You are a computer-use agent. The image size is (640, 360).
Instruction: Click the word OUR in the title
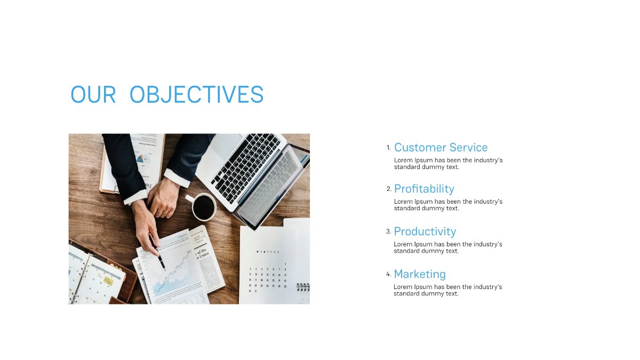tap(93, 94)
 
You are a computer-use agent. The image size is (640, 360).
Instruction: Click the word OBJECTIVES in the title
tap(196, 94)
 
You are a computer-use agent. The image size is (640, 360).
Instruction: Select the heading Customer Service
tap(441, 148)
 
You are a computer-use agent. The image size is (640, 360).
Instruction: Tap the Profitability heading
tap(424, 189)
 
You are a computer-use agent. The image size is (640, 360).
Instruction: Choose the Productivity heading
tap(425, 231)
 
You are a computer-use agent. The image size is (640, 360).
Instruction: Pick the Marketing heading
tap(420, 274)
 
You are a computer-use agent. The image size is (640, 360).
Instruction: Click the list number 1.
tap(389, 147)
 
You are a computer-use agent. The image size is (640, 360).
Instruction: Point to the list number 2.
tap(389, 188)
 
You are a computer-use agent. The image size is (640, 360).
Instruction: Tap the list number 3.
tap(389, 231)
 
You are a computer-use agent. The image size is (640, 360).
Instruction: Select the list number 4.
tap(389, 274)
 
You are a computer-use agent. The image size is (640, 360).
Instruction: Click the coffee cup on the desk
tap(203, 207)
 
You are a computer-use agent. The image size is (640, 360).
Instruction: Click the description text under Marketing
tap(447, 290)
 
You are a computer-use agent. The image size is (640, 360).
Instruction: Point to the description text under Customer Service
tap(448, 163)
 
